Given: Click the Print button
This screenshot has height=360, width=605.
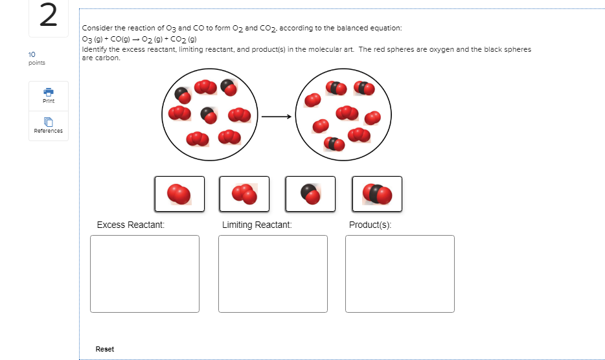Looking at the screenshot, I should (x=49, y=95).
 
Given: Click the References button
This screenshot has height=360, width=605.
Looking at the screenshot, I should (x=49, y=126).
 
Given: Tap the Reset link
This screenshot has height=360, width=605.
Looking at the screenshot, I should (x=104, y=349).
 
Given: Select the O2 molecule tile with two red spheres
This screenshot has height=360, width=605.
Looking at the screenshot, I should (x=179, y=194).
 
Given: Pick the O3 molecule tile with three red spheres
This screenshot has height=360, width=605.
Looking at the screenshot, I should (x=244, y=194).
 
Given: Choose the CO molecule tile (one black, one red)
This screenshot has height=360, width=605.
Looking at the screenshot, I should (x=310, y=194).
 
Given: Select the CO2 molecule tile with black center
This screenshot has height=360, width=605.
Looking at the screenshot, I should (x=377, y=194).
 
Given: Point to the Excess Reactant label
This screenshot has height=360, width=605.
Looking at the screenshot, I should (x=130, y=225).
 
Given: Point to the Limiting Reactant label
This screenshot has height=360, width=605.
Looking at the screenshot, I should (x=257, y=225).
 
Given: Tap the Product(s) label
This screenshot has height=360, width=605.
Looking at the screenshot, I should (x=370, y=225).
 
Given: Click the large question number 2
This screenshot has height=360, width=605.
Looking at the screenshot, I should (x=48, y=17).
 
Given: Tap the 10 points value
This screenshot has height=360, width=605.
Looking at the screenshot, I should (x=32, y=54).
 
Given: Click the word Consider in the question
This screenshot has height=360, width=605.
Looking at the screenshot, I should (x=96, y=29).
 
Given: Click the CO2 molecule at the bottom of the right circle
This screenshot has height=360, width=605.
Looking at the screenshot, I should (x=334, y=143).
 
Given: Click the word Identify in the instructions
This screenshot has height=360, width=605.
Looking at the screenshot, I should (x=95, y=49).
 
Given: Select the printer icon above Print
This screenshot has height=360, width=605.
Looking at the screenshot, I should (x=49, y=91).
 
